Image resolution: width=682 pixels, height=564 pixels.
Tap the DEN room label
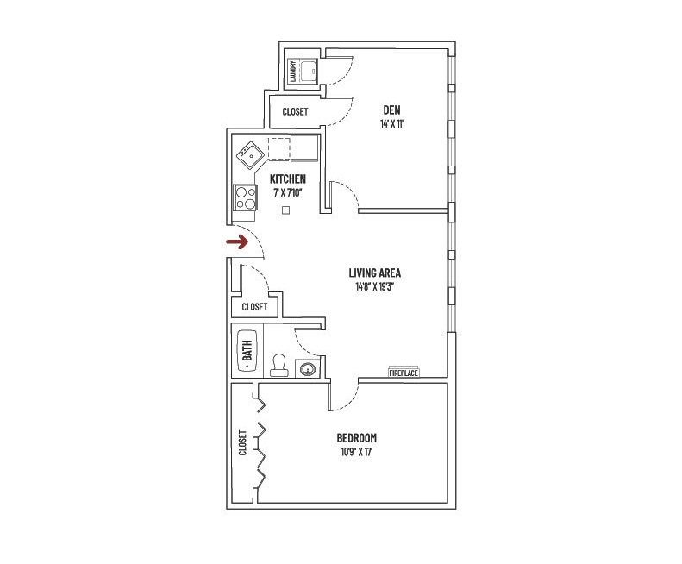coord(393,110)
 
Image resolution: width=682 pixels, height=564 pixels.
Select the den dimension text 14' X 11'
coord(393,124)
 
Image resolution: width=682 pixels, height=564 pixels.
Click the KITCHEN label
coord(288,179)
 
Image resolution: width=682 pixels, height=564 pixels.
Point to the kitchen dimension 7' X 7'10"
coord(288,192)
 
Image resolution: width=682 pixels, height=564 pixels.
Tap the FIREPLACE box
coord(404,373)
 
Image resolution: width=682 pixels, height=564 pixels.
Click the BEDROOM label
coord(357,438)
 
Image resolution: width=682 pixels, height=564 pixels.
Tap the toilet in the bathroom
coord(278,366)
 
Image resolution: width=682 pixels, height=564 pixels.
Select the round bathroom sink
coord(306,369)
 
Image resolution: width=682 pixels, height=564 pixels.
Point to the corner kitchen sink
coord(251,155)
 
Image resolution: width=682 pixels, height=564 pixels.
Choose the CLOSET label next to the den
coord(295,112)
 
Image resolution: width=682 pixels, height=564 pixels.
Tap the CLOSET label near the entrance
coord(254,307)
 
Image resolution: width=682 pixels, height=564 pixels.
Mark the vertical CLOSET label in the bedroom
coord(243,442)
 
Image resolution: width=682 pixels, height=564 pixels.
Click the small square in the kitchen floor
coord(286,209)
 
